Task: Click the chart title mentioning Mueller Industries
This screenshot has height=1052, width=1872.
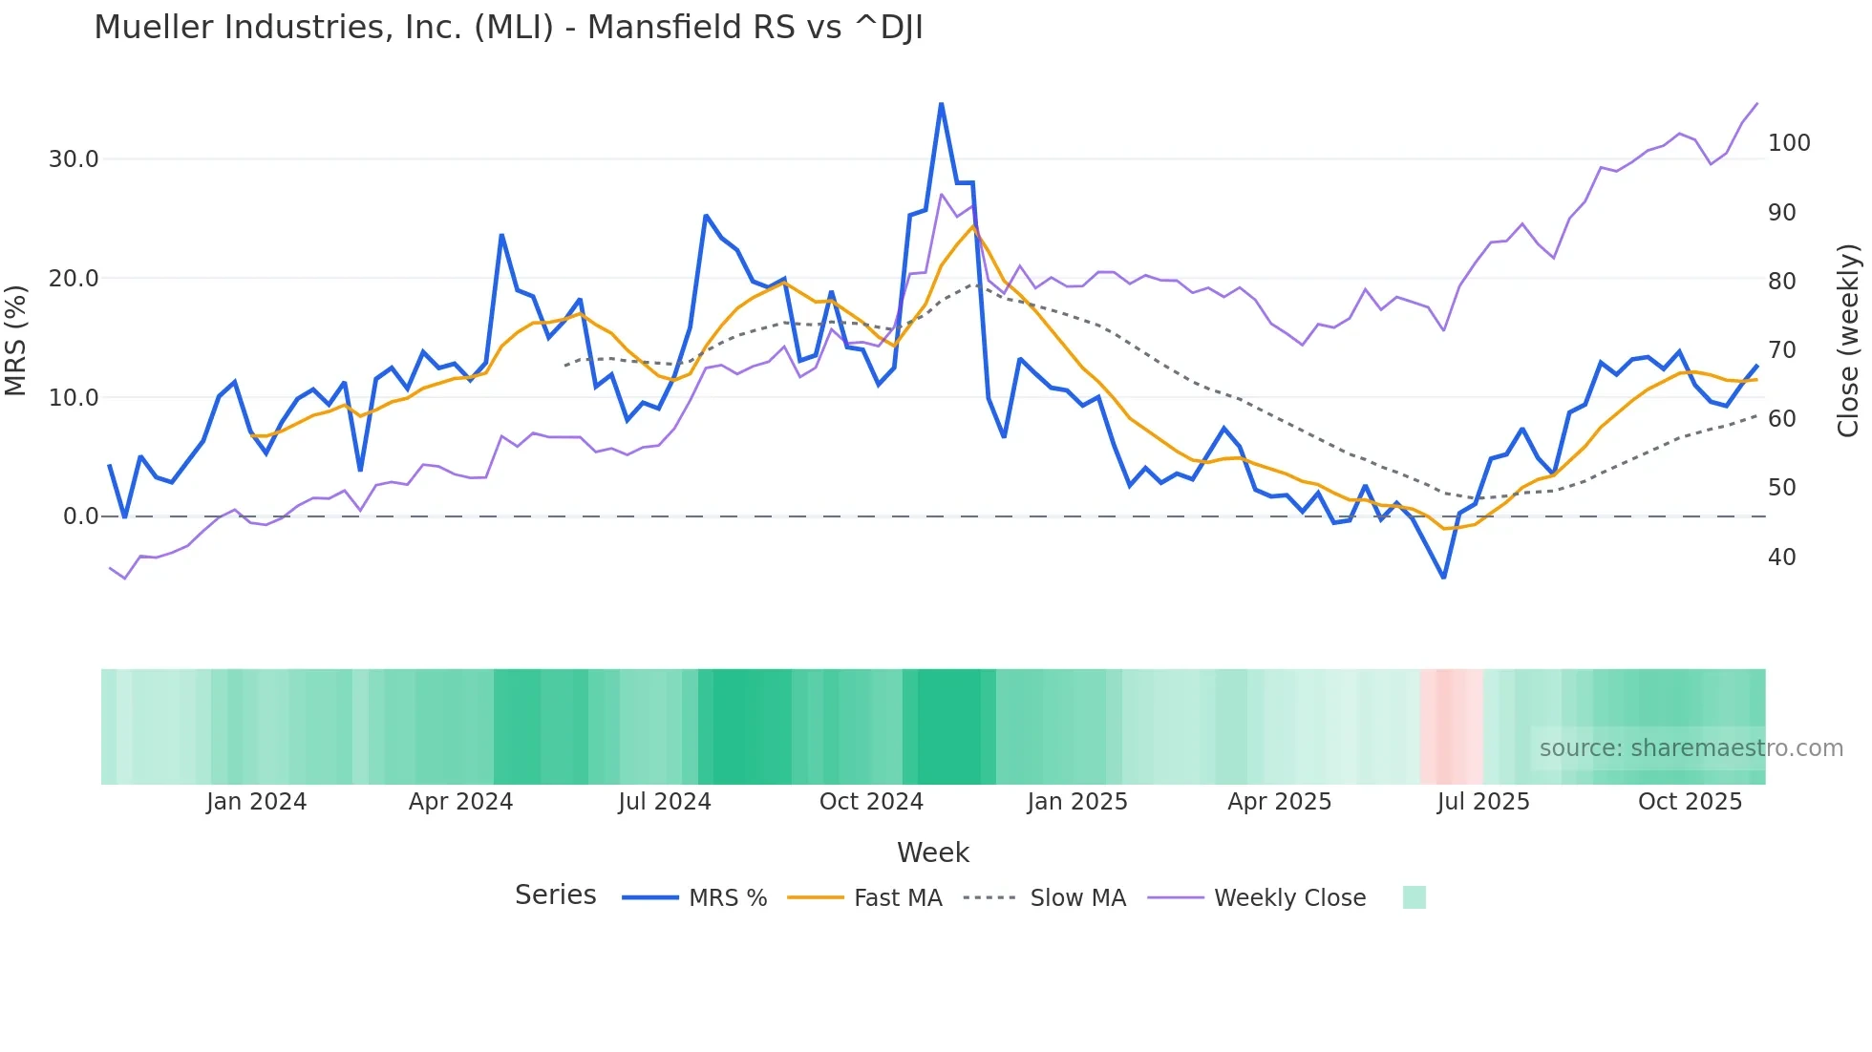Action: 508,28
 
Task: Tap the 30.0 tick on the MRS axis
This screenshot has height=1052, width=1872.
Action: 74,159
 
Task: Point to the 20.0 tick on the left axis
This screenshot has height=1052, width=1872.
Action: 74,279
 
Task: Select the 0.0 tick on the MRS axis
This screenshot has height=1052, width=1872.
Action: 80,516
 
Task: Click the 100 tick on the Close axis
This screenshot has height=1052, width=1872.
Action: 1789,143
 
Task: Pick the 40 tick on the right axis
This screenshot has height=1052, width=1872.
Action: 1781,558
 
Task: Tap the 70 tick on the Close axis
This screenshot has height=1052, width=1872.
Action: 1781,350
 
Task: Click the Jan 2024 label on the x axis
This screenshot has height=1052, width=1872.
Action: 256,802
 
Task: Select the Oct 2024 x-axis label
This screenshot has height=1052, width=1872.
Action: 871,802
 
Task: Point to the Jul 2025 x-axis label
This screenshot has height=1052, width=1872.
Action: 1483,802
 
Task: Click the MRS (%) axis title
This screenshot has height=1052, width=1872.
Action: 16,340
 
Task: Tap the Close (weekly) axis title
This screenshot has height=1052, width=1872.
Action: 1849,340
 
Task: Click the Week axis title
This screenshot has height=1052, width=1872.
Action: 933,852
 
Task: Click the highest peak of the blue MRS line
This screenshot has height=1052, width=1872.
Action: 941,103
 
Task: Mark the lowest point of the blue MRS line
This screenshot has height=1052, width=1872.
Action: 1443,578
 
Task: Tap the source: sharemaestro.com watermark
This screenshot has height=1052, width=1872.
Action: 1691,748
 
